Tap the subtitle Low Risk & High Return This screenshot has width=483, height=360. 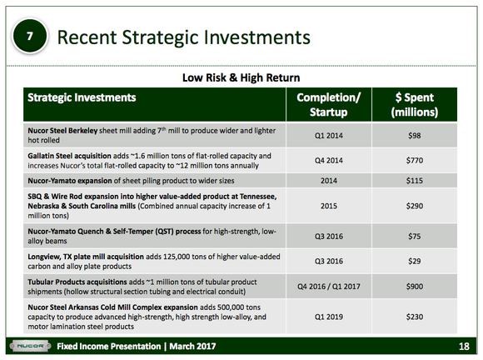pos(241,77)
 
